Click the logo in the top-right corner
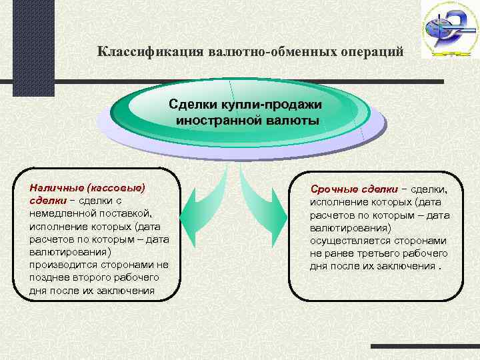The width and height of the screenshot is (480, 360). click(449, 29)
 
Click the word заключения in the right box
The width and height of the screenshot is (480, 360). click(398, 266)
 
